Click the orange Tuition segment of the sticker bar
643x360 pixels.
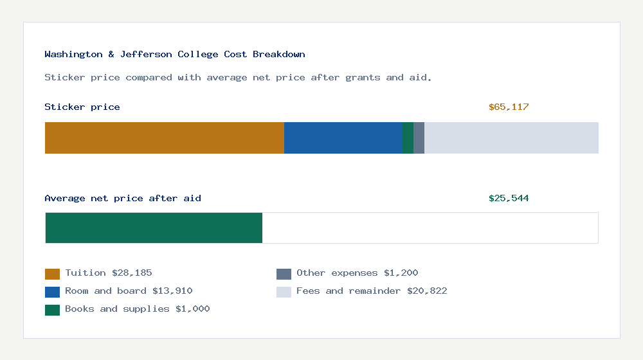coord(164,138)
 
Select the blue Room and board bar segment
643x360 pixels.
coord(343,138)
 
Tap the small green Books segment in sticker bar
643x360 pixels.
coord(408,138)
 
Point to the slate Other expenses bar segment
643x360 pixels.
coord(419,138)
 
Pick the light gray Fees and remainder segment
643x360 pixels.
coord(511,138)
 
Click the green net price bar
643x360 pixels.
coord(154,228)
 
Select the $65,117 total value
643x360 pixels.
coord(509,107)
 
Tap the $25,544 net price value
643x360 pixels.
coord(509,199)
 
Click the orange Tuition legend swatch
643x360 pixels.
coord(52,274)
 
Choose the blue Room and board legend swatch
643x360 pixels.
coord(52,292)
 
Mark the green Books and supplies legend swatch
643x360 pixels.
coord(52,310)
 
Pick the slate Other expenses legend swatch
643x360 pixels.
coord(284,274)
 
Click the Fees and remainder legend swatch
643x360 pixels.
coord(284,292)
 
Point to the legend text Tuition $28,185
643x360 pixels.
coord(109,273)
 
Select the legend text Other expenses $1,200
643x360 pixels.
coord(357,273)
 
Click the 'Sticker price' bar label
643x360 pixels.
coord(82,107)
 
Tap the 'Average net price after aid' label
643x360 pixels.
coord(123,199)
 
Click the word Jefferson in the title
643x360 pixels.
coord(146,55)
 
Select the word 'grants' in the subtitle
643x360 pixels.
coord(363,78)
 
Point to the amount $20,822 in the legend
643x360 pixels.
coord(427,291)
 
